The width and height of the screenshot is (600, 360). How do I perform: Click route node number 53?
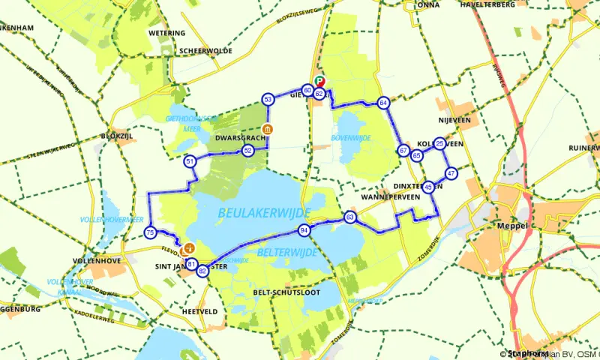click(x=268, y=99)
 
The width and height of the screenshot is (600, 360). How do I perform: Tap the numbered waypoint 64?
click(x=382, y=103)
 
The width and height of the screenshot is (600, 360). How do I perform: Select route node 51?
click(x=190, y=161)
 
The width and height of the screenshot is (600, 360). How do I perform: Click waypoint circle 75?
click(x=151, y=232)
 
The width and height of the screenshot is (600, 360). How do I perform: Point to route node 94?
click(x=304, y=229)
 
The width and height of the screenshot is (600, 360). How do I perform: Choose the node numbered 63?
click(x=349, y=217)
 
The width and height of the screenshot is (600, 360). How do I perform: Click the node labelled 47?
click(x=451, y=173)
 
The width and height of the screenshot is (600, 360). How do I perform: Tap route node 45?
click(x=427, y=187)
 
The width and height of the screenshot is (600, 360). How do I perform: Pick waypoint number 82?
click(x=202, y=271)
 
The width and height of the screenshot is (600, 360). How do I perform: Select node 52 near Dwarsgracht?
click(x=247, y=150)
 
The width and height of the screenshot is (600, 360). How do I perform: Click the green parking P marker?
click(x=320, y=81)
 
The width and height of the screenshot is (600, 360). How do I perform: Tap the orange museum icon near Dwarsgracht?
click(x=268, y=129)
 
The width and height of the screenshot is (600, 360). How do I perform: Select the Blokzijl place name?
click(x=114, y=136)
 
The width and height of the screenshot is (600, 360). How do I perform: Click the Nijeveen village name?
click(x=453, y=118)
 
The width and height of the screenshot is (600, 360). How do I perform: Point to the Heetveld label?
click(x=199, y=310)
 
